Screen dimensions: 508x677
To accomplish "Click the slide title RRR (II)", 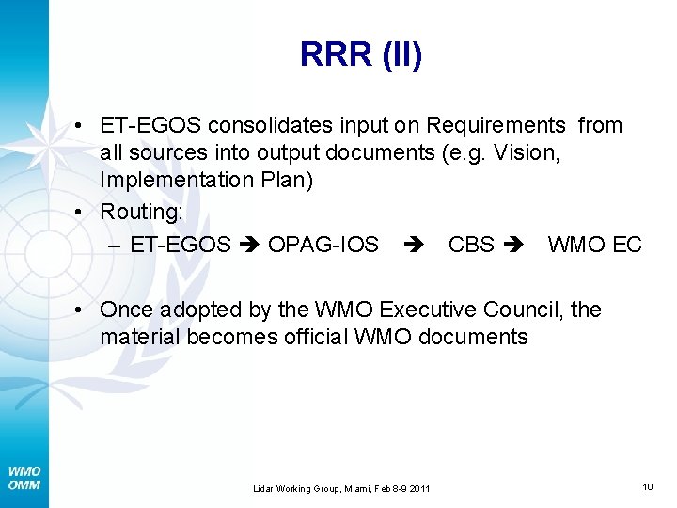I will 361,55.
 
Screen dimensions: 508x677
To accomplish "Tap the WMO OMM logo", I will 24,477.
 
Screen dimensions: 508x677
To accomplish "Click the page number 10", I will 648,485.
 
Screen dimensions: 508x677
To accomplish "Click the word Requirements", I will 496,126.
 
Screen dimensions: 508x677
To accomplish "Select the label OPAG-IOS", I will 323,245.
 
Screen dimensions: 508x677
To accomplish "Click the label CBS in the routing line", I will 471,245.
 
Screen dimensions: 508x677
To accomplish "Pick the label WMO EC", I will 594,245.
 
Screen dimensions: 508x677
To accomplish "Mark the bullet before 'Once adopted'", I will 85,310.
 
